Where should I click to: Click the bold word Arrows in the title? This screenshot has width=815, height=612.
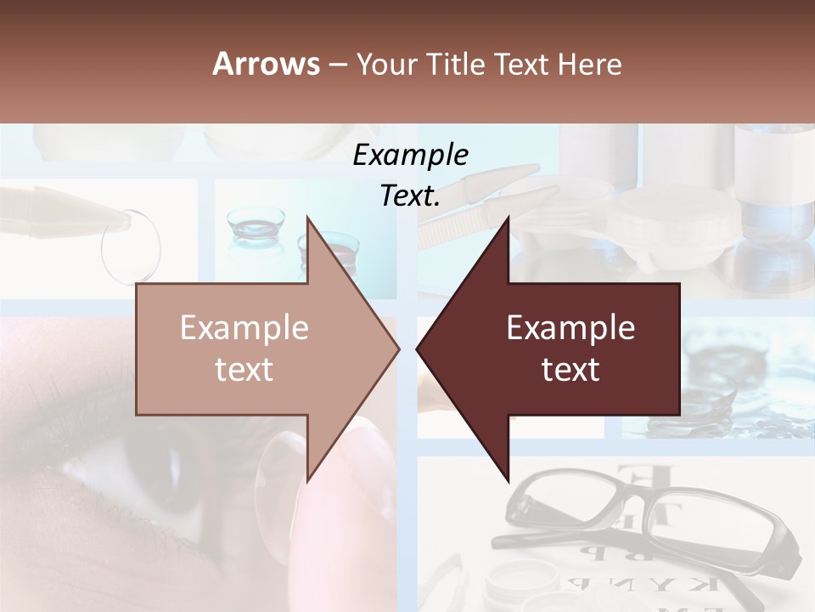pyautogui.click(x=267, y=64)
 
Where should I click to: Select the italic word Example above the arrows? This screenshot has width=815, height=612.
pyautogui.click(x=410, y=156)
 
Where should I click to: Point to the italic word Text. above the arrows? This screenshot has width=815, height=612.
pyautogui.click(x=410, y=195)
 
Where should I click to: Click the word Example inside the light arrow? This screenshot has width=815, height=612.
pyautogui.click(x=244, y=328)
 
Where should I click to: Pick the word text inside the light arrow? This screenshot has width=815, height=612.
pyautogui.click(x=244, y=370)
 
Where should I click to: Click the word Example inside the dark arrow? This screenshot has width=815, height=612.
pyautogui.click(x=570, y=328)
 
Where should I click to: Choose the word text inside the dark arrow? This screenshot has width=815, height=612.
pyautogui.click(x=570, y=370)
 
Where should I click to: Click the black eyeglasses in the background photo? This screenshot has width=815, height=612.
pyautogui.click(x=654, y=518)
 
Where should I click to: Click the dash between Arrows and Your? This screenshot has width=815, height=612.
pyautogui.click(x=339, y=64)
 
